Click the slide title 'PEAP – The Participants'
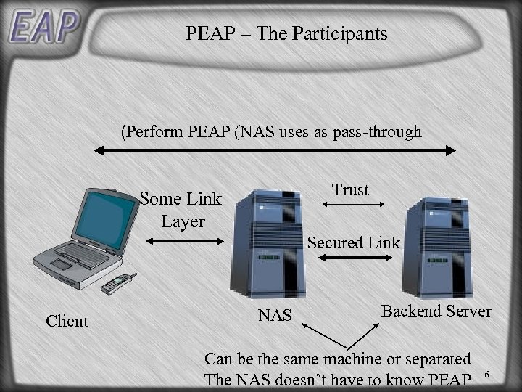(x=286, y=33)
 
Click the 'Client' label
(x=67, y=321)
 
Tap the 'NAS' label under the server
(x=275, y=315)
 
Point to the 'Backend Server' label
(x=436, y=311)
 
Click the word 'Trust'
(x=351, y=190)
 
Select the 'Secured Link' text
(x=354, y=242)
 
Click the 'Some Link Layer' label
(x=181, y=209)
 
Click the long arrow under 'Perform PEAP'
(x=276, y=150)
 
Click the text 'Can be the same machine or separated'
(x=338, y=359)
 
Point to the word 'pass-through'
(x=377, y=132)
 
